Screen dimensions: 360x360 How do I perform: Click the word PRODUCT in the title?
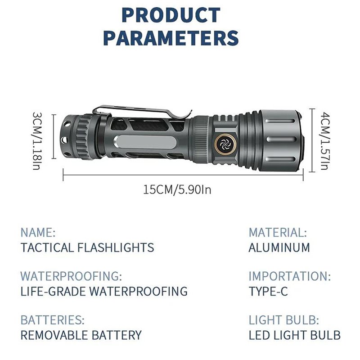[171, 15]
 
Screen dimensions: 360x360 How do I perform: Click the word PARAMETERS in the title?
[171, 38]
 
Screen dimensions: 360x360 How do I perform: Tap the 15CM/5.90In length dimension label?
[177, 190]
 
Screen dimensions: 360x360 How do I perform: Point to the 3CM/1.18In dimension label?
[37, 141]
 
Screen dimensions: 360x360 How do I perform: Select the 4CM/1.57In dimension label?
[325, 141]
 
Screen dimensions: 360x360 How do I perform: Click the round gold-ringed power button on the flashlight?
[225, 144]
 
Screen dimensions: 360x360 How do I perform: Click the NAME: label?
[38, 232]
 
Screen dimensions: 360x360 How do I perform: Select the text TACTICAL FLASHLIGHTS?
[87, 247]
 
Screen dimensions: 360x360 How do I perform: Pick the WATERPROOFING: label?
[71, 276]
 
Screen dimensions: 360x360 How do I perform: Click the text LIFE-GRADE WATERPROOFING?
[104, 291]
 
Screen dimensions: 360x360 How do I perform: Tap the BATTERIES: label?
[53, 320]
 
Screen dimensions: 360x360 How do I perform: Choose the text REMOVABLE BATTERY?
[81, 335]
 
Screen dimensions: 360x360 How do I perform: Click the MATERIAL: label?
[278, 232]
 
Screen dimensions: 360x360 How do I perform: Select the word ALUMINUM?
[279, 247]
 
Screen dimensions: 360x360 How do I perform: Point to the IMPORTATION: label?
[290, 276]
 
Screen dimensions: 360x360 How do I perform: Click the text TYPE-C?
[268, 291]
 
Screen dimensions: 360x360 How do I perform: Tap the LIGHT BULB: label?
[284, 320]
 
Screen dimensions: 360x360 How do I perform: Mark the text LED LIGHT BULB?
[295, 335]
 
